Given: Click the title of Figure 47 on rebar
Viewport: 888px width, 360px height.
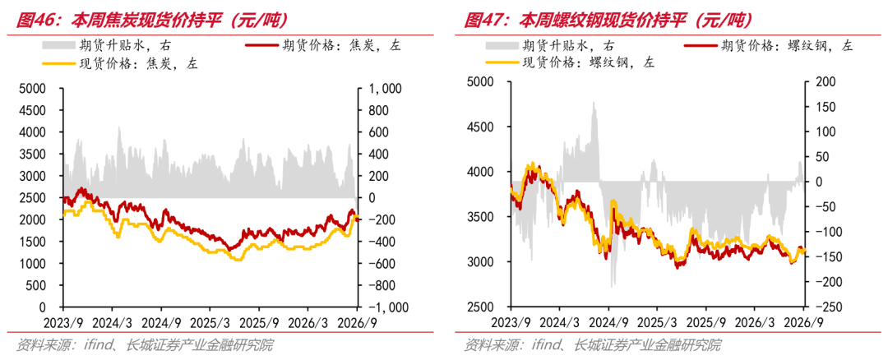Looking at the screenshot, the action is click(x=608, y=21).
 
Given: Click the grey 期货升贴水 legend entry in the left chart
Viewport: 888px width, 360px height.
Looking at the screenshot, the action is click(x=107, y=46).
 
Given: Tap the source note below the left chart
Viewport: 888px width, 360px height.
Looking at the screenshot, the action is click(x=145, y=344).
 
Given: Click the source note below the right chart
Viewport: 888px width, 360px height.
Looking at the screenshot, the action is click(x=593, y=344).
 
